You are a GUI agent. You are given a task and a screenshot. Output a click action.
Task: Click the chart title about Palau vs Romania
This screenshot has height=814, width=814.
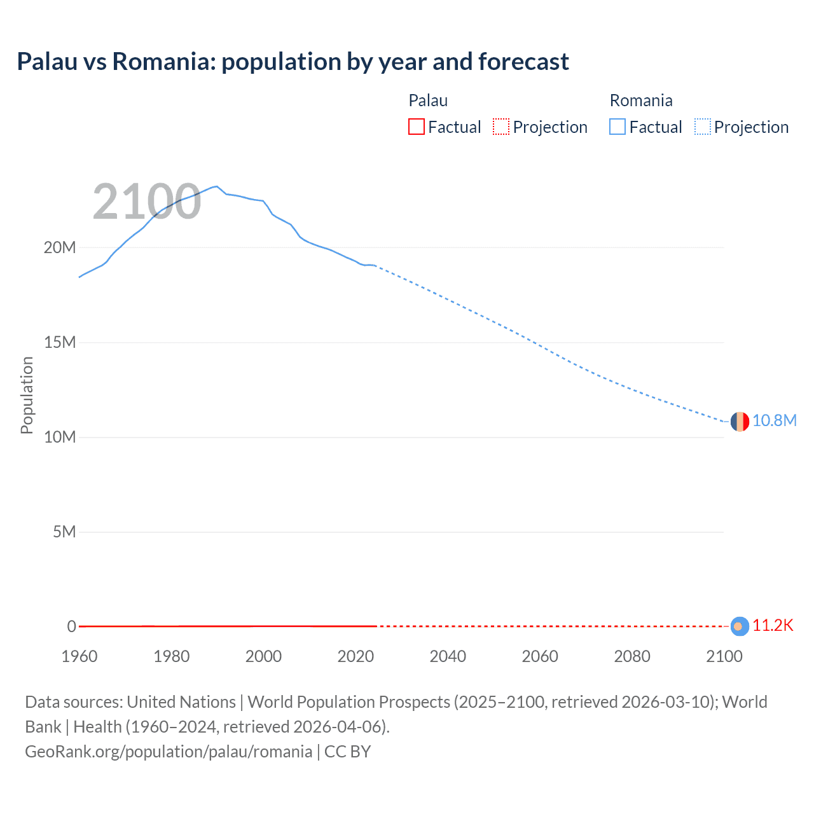293,62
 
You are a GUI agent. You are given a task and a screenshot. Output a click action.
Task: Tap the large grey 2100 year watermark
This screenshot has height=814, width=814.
147,202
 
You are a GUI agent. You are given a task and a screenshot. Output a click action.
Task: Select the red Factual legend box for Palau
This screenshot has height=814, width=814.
416,127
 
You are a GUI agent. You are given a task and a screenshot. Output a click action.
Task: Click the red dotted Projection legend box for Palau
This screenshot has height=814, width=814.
501,127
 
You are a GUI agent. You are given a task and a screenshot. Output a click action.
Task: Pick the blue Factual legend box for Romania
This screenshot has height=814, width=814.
617,127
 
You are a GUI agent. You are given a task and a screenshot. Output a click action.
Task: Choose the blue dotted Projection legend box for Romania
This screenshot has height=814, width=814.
703,127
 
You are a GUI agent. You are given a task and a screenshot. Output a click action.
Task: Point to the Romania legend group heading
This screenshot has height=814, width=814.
640,100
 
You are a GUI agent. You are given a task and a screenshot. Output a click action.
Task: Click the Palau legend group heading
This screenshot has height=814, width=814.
428,100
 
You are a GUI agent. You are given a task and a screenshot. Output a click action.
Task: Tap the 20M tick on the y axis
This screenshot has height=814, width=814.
60,247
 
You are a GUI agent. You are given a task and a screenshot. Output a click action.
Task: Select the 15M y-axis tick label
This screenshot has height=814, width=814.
60,342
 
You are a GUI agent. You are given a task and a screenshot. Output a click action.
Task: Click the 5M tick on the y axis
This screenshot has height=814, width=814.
64,532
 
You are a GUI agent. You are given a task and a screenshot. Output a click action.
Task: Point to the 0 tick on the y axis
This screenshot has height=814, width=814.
71,626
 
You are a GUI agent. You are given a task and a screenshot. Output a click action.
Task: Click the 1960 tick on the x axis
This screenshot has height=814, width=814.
79,656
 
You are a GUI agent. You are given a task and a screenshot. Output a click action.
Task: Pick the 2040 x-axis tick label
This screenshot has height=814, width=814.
448,656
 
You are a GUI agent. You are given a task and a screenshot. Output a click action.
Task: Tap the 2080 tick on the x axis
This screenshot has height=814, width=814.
632,656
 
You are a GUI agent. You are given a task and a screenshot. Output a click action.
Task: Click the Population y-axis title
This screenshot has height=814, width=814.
27,395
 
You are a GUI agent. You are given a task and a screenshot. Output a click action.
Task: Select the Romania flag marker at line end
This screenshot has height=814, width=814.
740,421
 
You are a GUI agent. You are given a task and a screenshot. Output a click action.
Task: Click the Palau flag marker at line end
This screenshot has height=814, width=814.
740,626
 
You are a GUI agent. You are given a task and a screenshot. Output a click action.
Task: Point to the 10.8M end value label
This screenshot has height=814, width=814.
774,421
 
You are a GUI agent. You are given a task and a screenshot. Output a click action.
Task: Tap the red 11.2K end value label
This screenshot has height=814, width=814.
773,626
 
